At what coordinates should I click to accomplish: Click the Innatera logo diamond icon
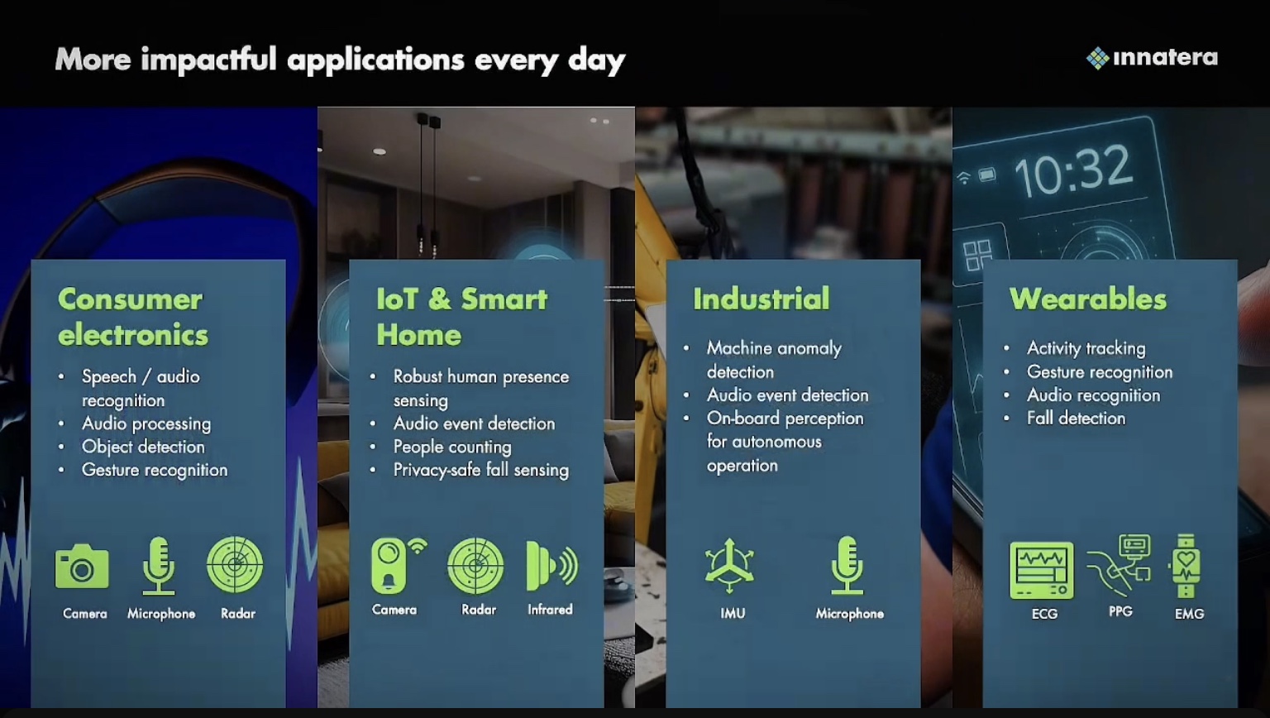point(1098,58)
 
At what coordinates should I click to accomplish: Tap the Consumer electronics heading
point(133,317)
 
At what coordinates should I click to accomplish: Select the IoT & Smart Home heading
point(461,317)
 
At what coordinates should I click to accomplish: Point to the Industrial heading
point(761,299)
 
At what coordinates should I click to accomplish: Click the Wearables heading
point(1088,299)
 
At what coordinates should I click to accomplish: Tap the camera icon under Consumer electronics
point(82,566)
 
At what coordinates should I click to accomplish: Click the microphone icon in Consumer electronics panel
point(159,566)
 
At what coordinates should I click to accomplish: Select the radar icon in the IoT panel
point(475,566)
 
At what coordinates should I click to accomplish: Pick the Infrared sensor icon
point(551,566)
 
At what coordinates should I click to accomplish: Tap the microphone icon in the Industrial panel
point(847,566)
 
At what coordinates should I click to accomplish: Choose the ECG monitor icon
point(1042,571)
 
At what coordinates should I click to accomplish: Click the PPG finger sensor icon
point(1119,565)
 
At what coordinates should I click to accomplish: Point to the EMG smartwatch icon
point(1186,566)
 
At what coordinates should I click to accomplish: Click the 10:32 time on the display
point(1072,170)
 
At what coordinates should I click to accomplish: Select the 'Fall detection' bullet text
point(1076,419)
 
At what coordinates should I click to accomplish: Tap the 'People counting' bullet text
point(452,447)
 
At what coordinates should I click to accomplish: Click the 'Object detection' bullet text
point(143,447)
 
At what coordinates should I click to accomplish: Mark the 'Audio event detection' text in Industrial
point(787,395)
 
